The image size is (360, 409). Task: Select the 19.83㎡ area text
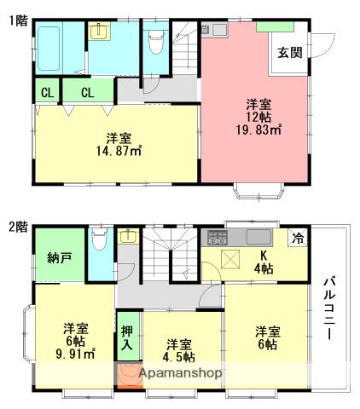tap(258, 130)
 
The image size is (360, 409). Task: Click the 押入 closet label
tap(127, 338)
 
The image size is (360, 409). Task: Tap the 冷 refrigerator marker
tap(298, 239)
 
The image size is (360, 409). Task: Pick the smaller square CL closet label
tap(45, 91)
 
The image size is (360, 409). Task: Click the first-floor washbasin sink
tap(101, 32)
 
